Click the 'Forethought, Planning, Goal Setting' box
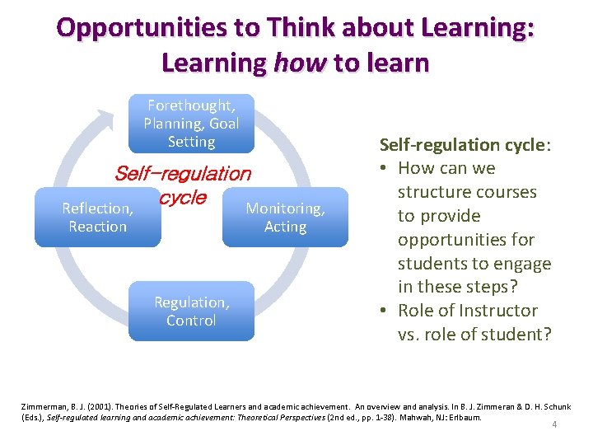coord(191,124)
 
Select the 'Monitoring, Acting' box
coord(285,218)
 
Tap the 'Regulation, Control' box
coord(191,311)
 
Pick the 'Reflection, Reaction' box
coord(97,218)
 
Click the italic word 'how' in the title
coord(301,63)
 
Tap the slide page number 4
coord(555,425)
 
